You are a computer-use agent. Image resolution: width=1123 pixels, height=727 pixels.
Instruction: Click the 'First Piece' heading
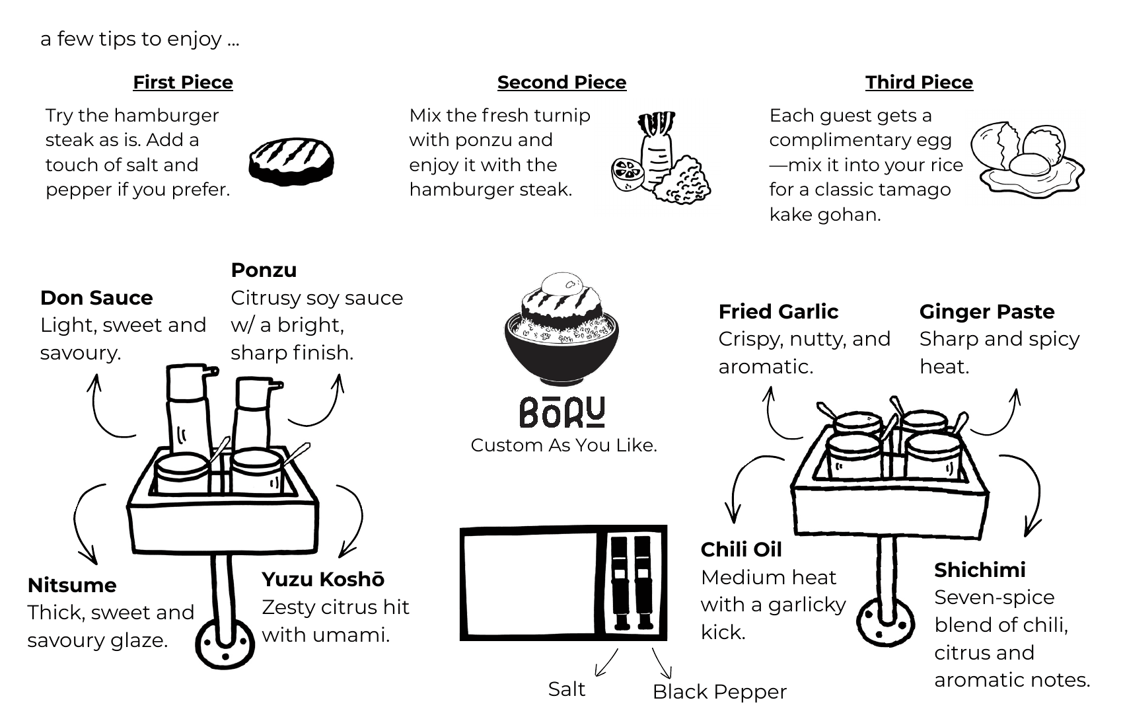pos(183,82)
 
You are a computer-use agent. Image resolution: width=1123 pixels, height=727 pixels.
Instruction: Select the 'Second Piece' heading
pos(561,82)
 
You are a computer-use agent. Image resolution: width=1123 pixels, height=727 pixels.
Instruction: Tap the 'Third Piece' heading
pos(919,82)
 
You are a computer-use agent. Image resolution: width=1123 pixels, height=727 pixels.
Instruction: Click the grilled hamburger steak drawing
pos(291,162)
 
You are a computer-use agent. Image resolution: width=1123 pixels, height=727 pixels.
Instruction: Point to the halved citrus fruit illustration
pos(627,174)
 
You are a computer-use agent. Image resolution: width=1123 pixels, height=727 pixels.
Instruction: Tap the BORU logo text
pos(562,412)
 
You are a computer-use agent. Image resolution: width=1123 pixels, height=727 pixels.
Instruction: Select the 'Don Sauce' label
pos(96,297)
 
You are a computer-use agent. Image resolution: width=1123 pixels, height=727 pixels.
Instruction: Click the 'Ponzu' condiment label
pos(264,270)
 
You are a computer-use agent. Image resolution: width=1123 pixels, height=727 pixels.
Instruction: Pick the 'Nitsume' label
pos(72,585)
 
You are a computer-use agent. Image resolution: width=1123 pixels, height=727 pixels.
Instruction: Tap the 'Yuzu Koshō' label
pos(323,579)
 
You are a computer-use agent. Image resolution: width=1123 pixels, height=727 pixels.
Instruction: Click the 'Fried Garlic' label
pos(778,311)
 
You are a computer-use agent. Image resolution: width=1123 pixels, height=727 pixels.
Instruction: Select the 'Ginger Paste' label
pos(986,311)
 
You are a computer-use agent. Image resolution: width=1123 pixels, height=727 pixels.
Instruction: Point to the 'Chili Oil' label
pos(741,549)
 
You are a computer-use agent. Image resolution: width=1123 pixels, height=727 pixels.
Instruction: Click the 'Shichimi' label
pos(980,570)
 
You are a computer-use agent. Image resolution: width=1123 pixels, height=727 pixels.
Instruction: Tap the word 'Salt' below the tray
pos(567,689)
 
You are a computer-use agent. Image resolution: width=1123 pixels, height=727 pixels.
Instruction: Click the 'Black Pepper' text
pos(719,691)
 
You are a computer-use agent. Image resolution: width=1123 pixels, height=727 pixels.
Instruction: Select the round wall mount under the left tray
pos(225,644)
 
